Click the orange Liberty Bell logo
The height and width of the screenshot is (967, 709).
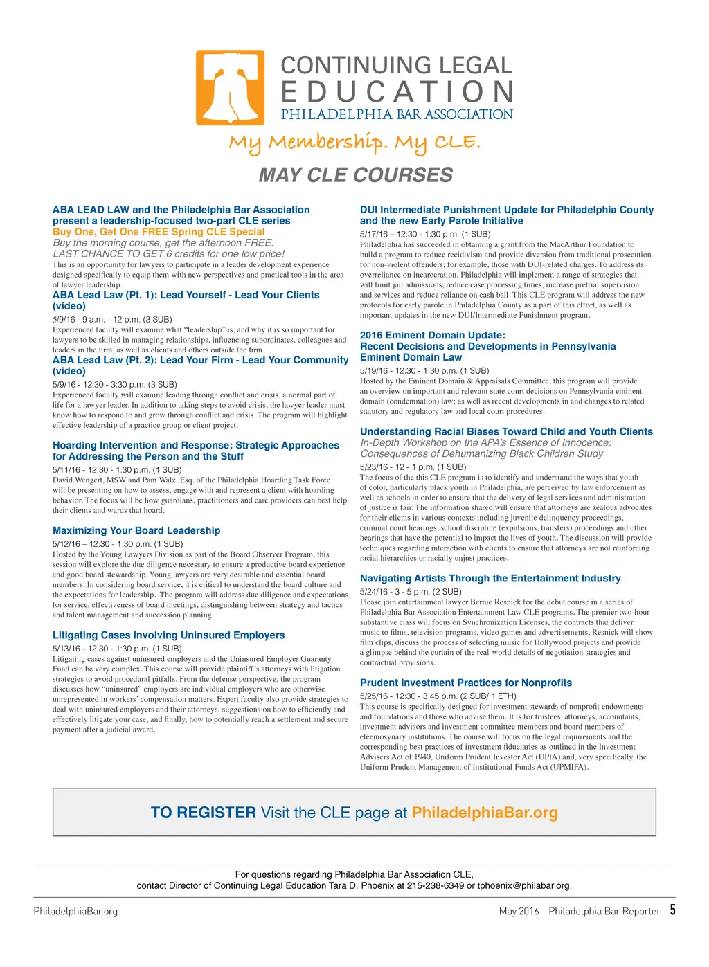(x=230, y=88)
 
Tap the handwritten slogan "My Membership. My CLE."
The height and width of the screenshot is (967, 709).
(x=354, y=143)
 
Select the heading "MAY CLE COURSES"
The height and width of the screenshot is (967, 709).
(x=355, y=175)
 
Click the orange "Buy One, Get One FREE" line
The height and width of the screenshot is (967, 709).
(x=159, y=232)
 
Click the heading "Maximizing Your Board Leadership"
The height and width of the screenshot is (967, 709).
(x=136, y=531)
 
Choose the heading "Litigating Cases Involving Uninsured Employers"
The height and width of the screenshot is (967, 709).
(x=168, y=635)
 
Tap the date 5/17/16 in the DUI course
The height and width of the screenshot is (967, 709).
(x=374, y=234)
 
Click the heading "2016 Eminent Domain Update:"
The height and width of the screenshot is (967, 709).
(x=433, y=336)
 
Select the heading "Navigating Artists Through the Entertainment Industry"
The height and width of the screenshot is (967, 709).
(x=490, y=579)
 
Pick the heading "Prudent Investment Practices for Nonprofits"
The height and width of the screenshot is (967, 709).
(x=466, y=683)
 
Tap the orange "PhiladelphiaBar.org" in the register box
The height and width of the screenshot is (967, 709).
(x=485, y=813)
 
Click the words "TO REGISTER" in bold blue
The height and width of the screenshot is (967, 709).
(x=204, y=813)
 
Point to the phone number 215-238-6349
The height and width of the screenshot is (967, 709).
(x=435, y=885)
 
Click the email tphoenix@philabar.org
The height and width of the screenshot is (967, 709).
(x=524, y=885)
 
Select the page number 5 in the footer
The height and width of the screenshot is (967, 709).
(x=672, y=910)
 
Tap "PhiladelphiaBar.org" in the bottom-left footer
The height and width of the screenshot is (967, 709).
(x=75, y=912)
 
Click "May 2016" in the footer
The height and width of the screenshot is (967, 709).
(x=519, y=912)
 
